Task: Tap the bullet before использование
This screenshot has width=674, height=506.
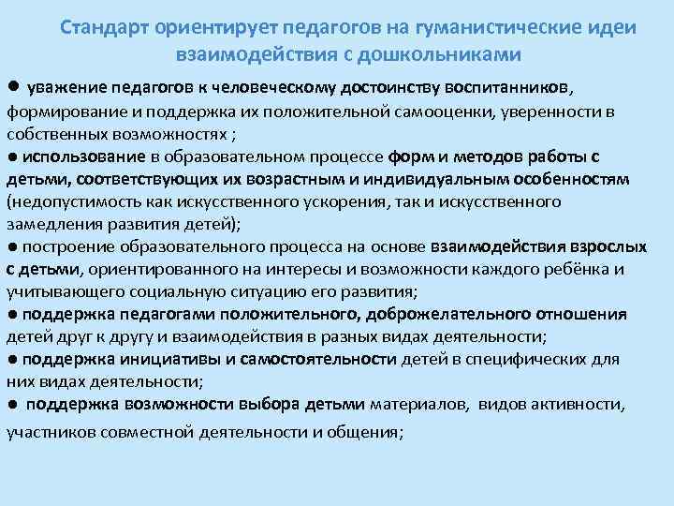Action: pos(11,156)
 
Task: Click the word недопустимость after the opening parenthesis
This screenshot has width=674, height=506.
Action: pos(58,201)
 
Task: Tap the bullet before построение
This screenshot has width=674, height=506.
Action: pos(11,247)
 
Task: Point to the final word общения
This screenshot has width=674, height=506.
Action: pos(369,433)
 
